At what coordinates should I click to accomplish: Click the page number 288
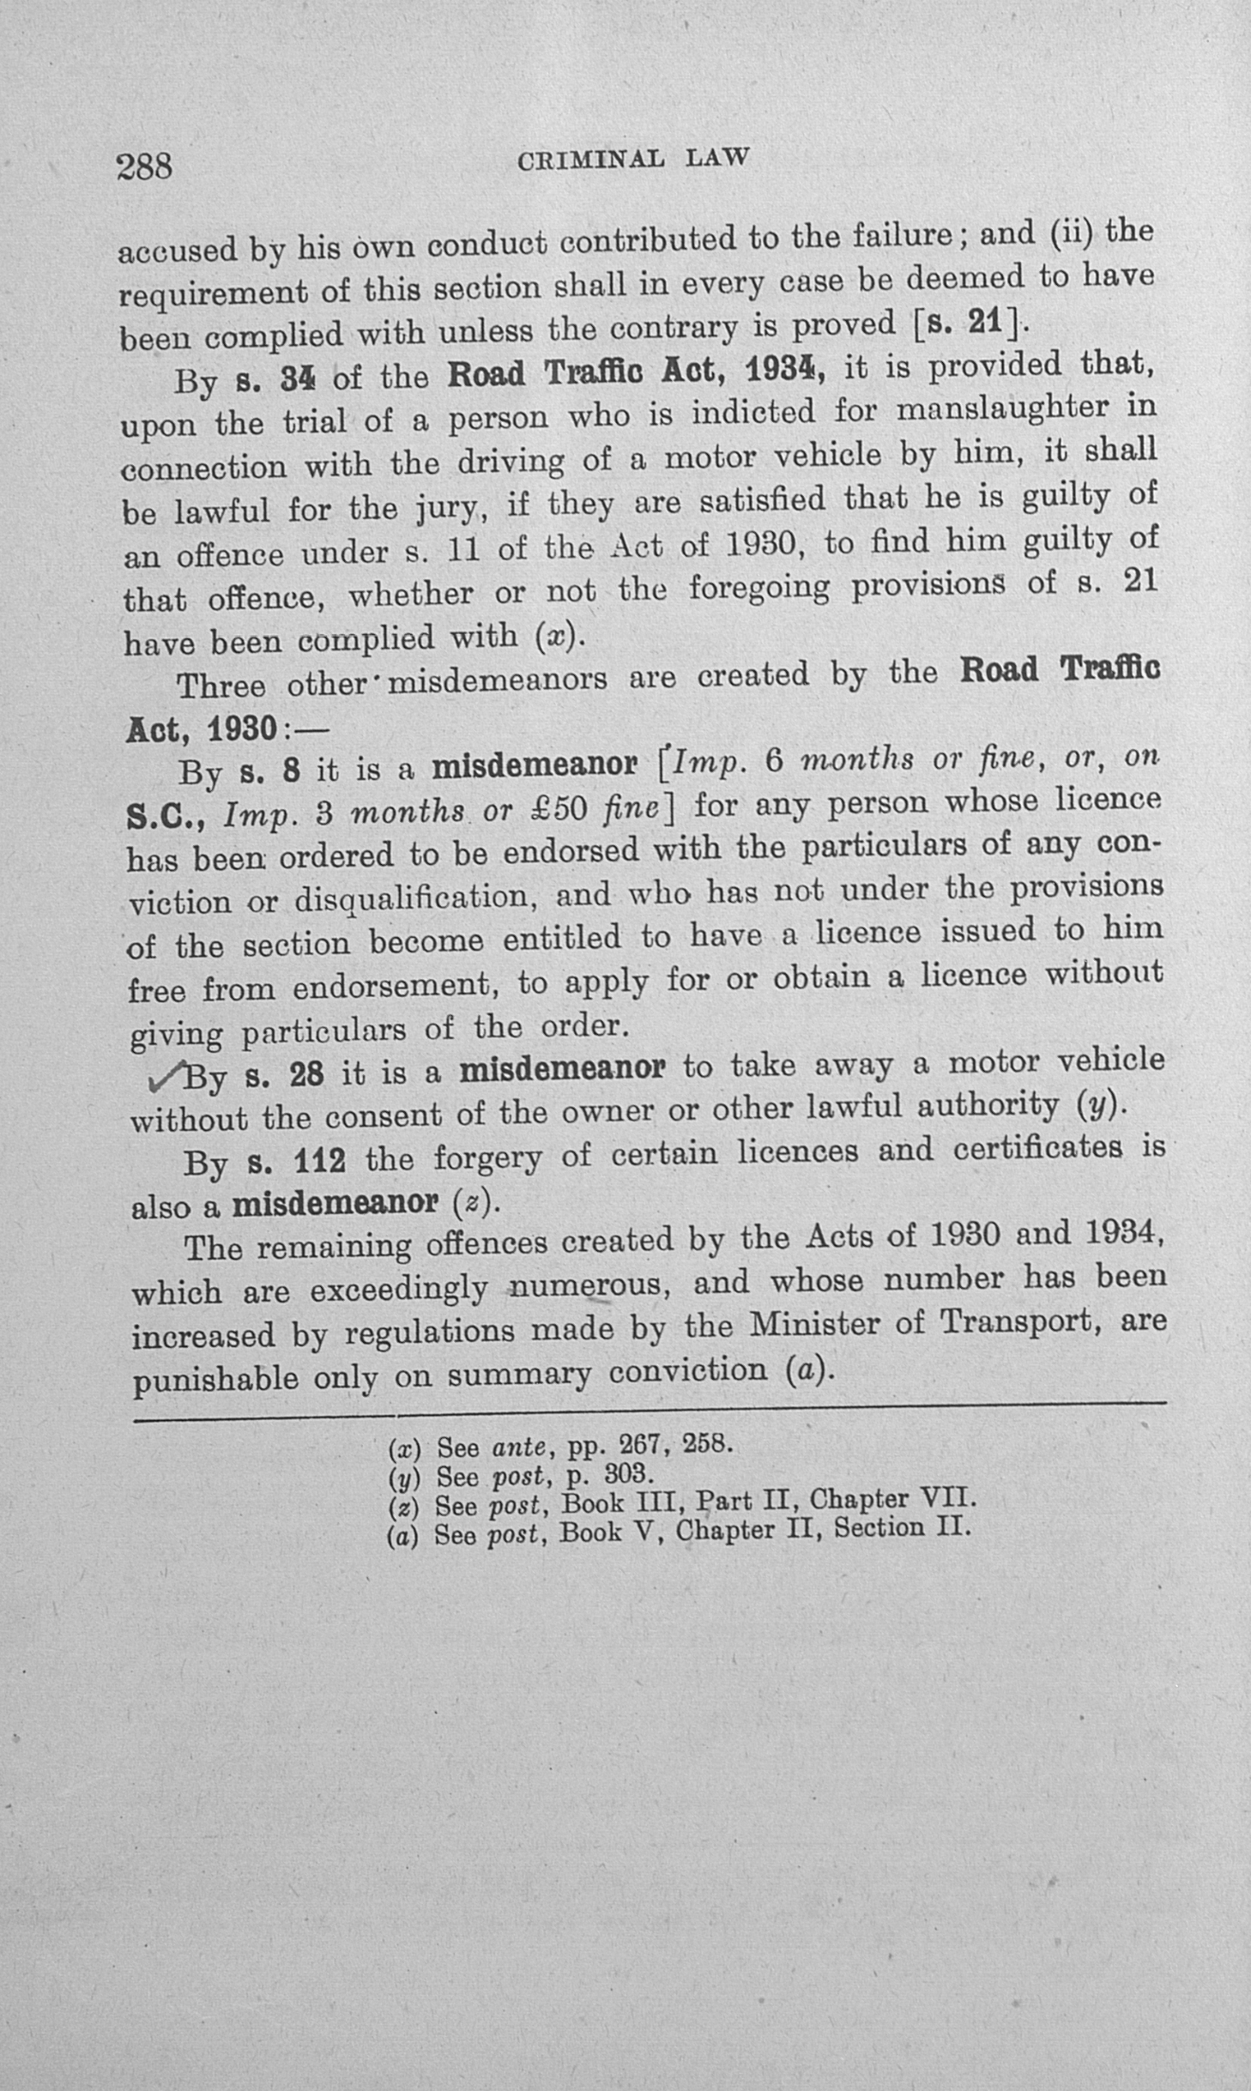coord(144,166)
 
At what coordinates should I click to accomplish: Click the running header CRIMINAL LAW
coord(633,160)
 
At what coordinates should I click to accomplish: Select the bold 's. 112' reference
coord(296,1161)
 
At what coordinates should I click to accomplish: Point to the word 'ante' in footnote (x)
coord(518,1447)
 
